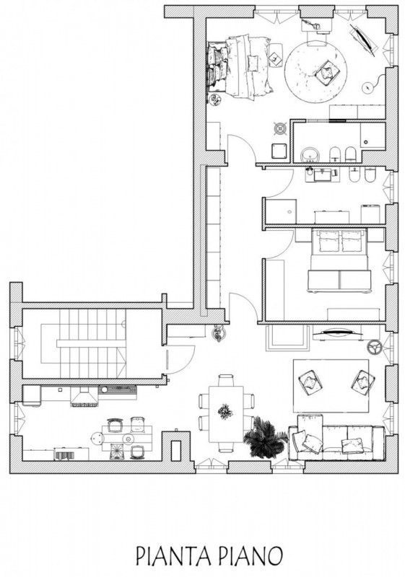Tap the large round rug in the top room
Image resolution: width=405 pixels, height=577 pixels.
(315, 73)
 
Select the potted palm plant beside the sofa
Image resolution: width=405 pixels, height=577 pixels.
(264, 437)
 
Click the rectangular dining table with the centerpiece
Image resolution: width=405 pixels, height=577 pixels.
(226, 413)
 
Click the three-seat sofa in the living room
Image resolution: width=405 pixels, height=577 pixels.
(336, 439)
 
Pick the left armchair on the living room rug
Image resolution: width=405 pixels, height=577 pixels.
(310, 382)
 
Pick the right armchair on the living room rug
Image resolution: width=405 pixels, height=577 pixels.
(362, 382)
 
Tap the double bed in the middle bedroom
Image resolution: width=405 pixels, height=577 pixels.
(339, 260)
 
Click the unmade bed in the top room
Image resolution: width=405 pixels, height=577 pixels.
(240, 66)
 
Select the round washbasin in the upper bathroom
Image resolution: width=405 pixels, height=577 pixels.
(309, 154)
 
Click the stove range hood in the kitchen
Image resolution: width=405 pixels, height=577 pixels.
(85, 397)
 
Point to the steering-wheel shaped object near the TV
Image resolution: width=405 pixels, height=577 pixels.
(374, 347)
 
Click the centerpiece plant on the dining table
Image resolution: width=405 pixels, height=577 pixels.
(225, 411)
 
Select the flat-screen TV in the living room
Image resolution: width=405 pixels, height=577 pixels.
(336, 334)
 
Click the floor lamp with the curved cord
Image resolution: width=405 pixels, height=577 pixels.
(369, 87)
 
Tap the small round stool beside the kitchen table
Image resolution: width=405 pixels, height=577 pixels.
(97, 438)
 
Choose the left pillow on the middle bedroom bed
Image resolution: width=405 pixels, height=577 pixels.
(328, 242)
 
